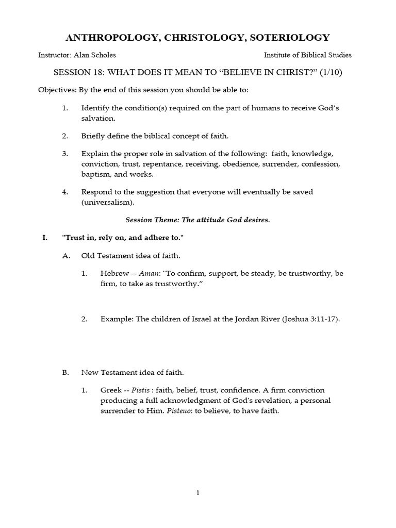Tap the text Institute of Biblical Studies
click(308, 55)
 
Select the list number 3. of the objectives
click(65, 154)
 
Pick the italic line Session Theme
click(198, 220)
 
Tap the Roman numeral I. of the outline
click(45, 238)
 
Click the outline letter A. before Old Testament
click(65, 255)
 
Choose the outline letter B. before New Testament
click(65, 372)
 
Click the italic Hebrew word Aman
click(143, 273)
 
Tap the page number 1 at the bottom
click(198, 492)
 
